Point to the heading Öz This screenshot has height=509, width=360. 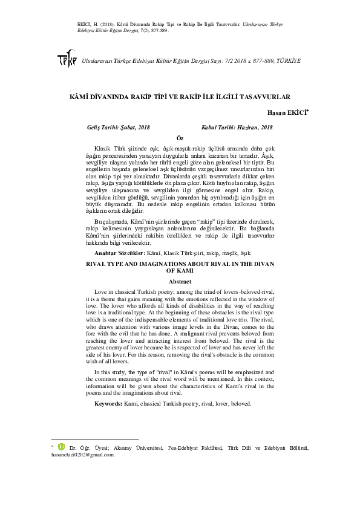[x=179, y=138]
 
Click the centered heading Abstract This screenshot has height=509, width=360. [x=179, y=282]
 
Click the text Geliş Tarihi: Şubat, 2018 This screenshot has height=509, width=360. [x=119, y=127]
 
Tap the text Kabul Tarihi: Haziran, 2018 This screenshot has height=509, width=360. [x=237, y=127]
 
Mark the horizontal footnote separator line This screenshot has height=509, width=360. [x=95, y=439]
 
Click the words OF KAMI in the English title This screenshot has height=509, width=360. [x=179, y=272]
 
